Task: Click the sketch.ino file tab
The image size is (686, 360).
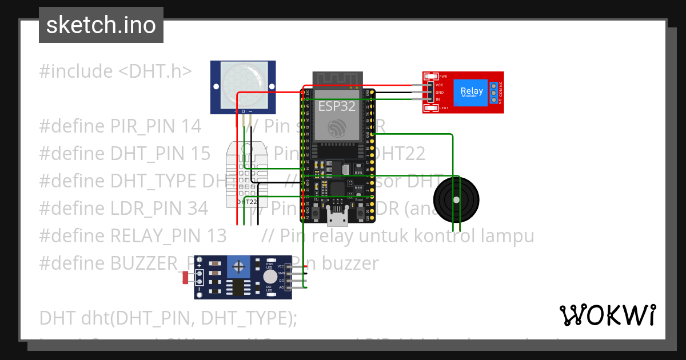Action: tap(101, 25)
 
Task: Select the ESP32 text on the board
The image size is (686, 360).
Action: tap(337, 106)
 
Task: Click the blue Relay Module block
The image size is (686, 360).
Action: tap(472, 92)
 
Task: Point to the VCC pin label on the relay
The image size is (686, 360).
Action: tap(440, 85)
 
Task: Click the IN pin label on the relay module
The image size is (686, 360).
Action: tap(438, 99)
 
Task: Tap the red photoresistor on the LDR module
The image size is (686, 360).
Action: tap(185, 278)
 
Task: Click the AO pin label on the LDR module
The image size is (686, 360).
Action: tap(281, 287)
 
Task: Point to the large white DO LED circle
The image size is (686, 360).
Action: tap(269, 277)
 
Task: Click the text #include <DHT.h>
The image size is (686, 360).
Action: tap(115, 71)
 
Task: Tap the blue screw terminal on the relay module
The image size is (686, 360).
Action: tap(493, 92)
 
